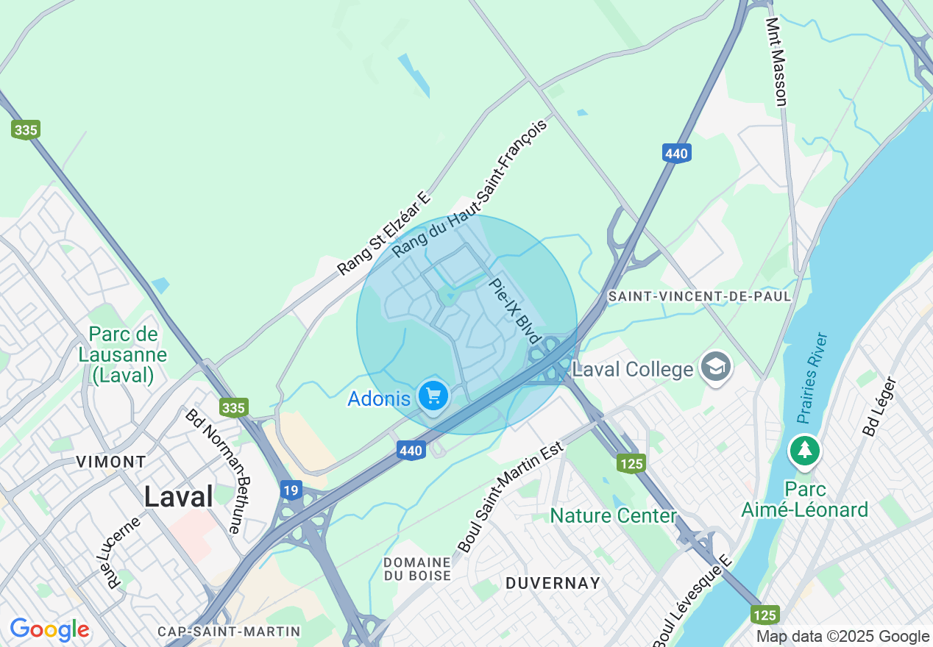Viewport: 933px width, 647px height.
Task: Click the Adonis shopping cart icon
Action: pos(433,396)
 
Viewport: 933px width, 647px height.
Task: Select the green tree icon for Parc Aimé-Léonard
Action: pos(805,451)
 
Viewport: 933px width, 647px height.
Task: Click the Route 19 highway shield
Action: pos(291,490)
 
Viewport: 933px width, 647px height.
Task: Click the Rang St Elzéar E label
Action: pos(384,233)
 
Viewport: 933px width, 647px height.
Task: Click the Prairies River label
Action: pos(812,378)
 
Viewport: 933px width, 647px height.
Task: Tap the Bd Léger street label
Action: pos(881,407)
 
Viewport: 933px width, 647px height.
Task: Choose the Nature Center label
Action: pos(613,515)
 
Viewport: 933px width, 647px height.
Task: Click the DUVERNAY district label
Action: pos(553,583)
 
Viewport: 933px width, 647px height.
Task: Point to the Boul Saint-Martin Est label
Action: pos(510,497)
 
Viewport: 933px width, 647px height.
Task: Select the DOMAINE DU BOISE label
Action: pos(417,568)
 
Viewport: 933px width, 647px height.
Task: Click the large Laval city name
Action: pos(179,496)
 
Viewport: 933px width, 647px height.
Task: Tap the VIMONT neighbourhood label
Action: pos(111,462)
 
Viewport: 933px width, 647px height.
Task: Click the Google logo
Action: pos(49,629)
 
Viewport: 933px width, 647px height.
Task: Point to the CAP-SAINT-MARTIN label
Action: pos(229,632)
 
